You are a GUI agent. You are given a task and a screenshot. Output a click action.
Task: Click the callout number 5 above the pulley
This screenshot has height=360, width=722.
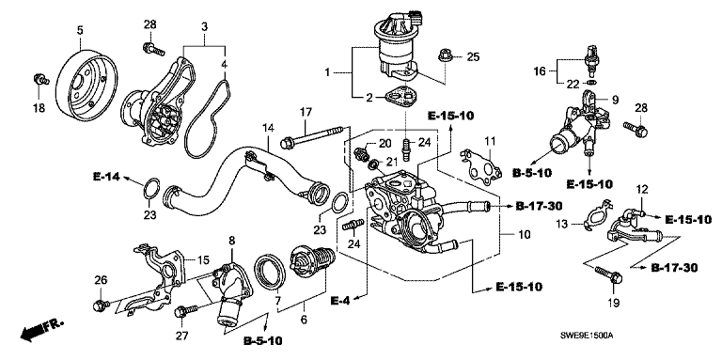point(80,31)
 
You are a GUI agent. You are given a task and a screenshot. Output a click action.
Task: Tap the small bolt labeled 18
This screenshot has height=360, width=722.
point(41,79)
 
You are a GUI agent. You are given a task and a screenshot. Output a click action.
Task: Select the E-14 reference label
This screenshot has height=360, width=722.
point(107,177)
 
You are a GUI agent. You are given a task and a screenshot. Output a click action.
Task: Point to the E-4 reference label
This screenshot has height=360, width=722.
point(340,301)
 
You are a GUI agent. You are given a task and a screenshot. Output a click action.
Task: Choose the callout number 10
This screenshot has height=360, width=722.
point(524,235)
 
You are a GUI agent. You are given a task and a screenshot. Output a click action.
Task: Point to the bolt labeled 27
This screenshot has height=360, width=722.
point(185,312)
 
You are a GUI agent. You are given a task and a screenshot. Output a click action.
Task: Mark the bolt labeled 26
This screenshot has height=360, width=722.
point(101,305)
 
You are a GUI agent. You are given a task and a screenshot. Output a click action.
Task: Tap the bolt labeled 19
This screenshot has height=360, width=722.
point(608,274)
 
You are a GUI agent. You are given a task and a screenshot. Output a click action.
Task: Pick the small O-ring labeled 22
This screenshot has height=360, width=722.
point(592,84)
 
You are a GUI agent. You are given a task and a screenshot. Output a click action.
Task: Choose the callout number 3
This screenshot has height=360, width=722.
point(204,26)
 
